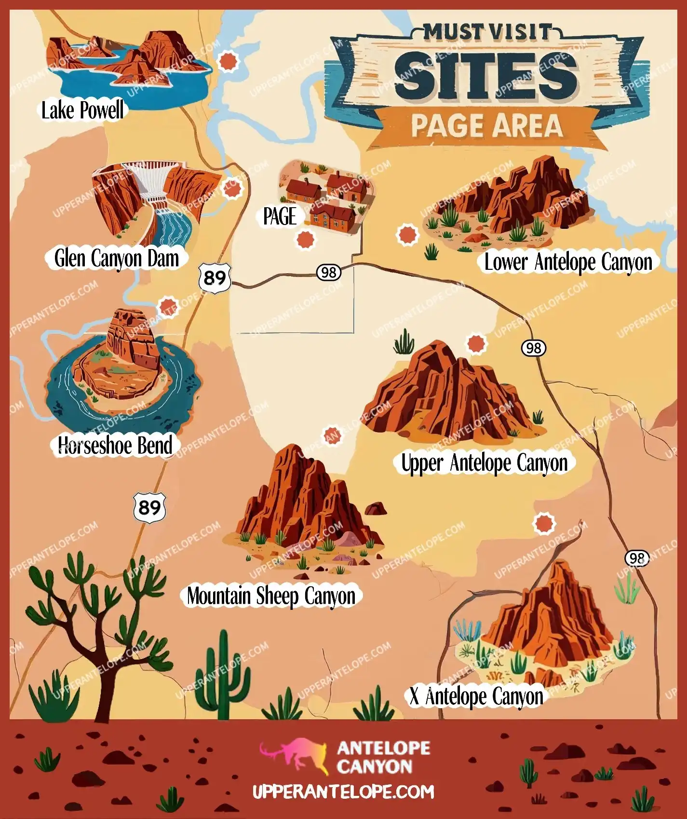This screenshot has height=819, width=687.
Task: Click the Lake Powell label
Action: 82,110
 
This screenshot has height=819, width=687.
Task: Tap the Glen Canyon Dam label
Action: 116,259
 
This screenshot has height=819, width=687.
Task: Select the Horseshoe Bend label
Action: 115,445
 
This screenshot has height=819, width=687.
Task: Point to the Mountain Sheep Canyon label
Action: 271,596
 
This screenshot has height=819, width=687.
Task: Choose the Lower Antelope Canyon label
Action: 568,263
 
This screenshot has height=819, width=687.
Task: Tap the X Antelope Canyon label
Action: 476,697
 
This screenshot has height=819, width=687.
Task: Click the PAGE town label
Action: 280,217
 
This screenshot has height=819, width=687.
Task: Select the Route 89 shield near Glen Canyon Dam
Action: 215,278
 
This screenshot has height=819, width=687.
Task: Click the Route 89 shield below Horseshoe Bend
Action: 149,508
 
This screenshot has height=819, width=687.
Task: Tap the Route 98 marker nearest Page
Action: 329,273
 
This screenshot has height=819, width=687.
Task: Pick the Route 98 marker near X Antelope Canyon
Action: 637,558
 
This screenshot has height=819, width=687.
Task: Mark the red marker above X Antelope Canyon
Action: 544,523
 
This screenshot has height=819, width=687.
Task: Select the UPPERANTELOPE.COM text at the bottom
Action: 343,792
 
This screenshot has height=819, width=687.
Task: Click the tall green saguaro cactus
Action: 223,670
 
